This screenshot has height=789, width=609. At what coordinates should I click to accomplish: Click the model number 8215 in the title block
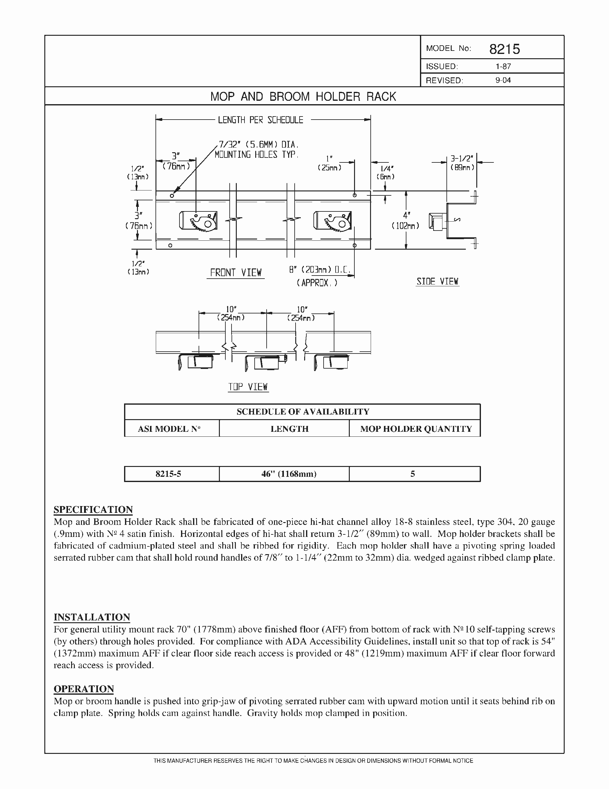click(504, 49)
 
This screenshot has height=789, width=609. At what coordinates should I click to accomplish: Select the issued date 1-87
click(503, 67)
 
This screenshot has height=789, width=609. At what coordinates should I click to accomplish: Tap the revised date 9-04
click(503, 80)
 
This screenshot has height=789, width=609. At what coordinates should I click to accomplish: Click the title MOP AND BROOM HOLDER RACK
click(303, 96)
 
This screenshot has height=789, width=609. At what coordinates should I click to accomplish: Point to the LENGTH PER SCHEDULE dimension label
click(260, 120)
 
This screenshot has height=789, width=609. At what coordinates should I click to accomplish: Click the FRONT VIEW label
click(236, 272)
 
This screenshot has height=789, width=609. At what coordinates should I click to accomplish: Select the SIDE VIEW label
click(437, 281)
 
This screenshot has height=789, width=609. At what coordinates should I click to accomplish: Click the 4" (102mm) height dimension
click(406, 220)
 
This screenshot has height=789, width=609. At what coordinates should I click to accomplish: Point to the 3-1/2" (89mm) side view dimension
click(462, 163)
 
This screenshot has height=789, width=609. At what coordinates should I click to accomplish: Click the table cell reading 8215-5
click(168, 474)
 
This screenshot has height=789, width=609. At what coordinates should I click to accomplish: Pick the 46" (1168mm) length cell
click(289, 474)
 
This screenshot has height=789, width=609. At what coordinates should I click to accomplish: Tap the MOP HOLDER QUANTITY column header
click(416, 429)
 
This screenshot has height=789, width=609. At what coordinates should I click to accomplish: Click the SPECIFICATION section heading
click(93, 509)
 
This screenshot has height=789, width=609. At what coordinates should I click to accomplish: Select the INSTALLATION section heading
click(92, 617)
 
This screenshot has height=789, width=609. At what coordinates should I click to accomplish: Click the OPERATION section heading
click(84, 689)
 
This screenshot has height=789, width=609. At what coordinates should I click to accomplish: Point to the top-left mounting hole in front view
click(172, 196)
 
